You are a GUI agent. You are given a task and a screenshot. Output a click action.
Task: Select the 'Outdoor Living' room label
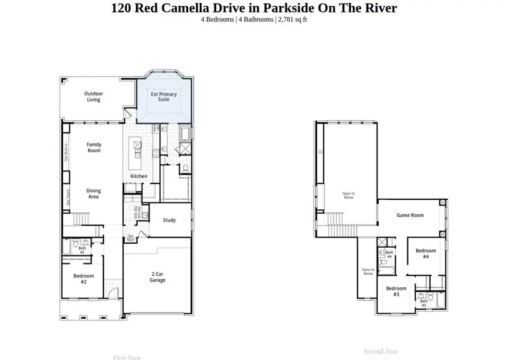(x=94, y=96)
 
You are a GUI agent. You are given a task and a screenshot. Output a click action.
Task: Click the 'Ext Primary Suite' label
(x=164, y=96)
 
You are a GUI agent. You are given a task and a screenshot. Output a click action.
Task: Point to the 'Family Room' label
(x=94, y=148)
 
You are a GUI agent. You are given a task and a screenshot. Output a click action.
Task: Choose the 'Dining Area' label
(x=94, y=194)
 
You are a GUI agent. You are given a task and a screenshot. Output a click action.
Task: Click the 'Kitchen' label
(x=139, y=176)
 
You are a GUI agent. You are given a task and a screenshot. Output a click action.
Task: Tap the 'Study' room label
(x=169, y=220)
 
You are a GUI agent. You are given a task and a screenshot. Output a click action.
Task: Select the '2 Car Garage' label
(x=157, y=277)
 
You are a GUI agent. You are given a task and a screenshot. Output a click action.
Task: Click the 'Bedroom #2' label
(x=84, y=279)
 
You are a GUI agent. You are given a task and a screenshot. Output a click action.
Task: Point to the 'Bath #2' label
(x=82, y=250)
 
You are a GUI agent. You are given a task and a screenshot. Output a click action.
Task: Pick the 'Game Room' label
(x=410, y=215)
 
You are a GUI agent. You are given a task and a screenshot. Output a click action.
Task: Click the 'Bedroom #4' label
(x=426, y=253)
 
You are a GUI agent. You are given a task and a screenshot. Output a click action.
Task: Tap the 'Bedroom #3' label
(x=396, y=291)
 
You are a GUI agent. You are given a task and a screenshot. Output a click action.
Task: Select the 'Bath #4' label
(x=389, y=254)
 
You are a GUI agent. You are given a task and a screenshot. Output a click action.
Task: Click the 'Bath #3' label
(x=423, y=303)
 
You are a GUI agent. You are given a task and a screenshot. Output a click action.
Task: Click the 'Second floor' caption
(x=381, y=352)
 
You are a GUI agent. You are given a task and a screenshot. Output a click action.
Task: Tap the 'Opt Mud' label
(x=130, y=238)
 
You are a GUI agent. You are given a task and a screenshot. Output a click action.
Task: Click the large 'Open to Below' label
(x=348, y=195)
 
